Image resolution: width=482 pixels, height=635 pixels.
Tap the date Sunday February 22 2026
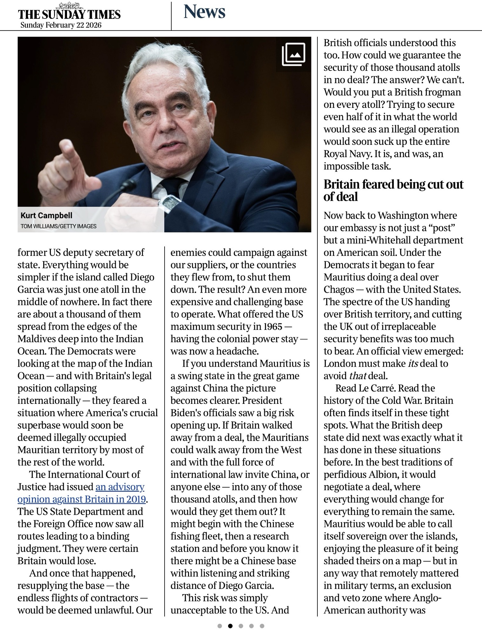click(61, 25)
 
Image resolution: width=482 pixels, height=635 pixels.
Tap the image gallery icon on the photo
click(293, 54)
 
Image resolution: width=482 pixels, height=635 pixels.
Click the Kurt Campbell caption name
click(46, 216)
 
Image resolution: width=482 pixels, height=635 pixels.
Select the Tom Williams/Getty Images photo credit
click(58, 226)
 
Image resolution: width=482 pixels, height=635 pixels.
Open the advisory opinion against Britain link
click(81, 493)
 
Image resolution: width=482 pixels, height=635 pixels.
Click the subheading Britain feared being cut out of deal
click(393, 190)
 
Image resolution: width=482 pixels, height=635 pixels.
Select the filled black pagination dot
click(230, 626)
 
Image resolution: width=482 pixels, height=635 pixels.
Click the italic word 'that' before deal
click(357, 376)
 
